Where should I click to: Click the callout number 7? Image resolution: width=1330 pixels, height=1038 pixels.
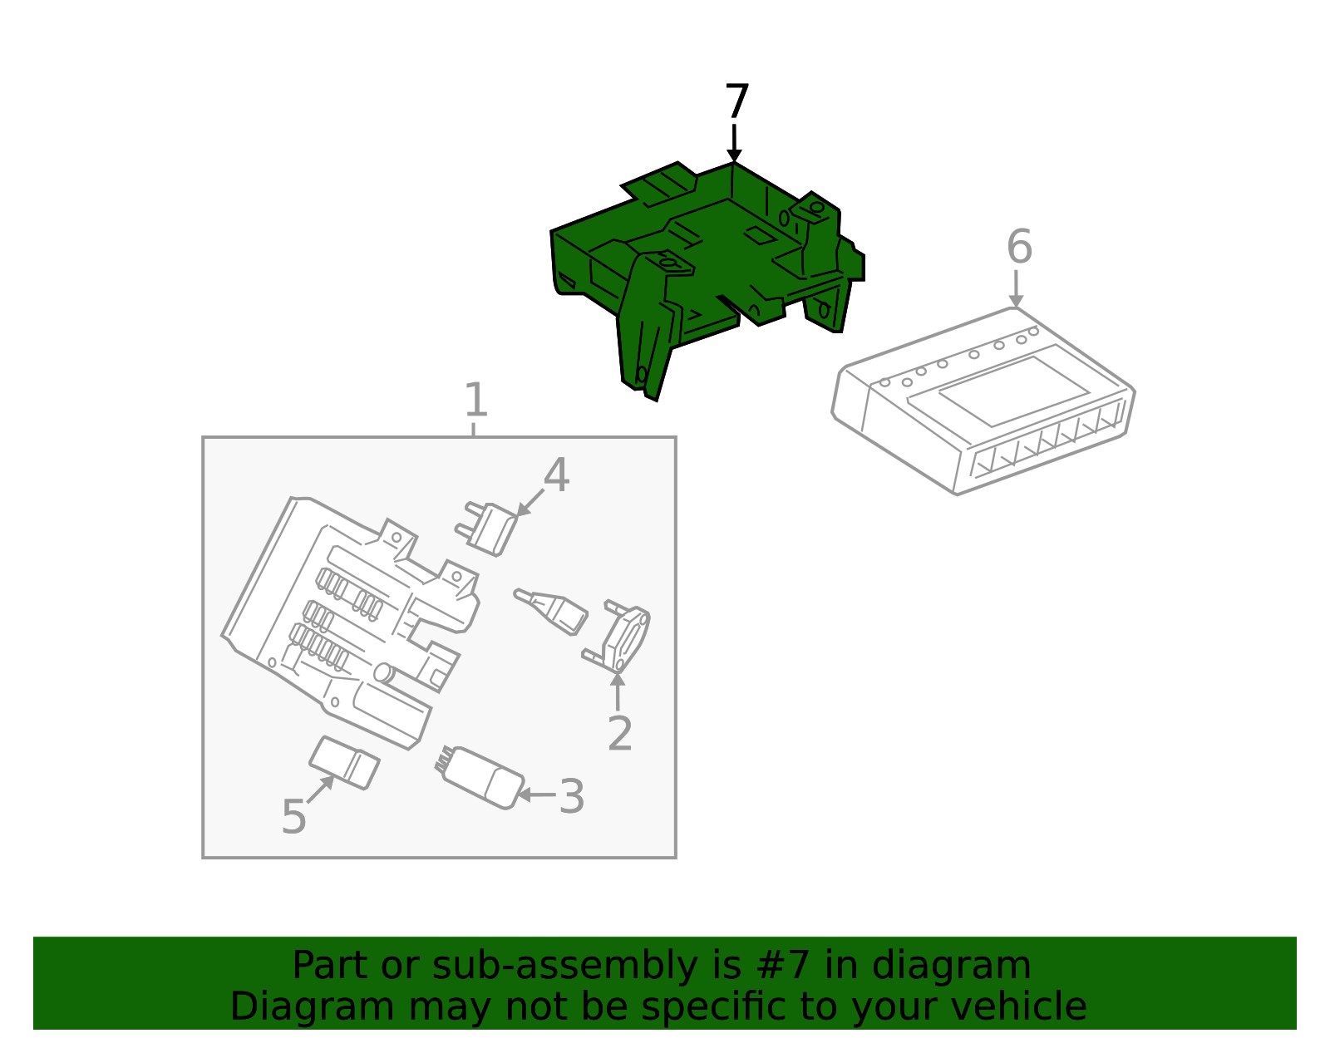736,101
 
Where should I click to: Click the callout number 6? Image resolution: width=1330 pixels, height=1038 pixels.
1019,247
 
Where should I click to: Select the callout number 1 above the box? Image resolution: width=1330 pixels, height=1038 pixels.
476,400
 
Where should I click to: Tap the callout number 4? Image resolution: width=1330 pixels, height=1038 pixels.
556,475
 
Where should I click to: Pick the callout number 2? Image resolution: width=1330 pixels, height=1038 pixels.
619,733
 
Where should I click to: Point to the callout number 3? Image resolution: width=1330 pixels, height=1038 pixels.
572,796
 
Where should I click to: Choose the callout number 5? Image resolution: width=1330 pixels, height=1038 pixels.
293,817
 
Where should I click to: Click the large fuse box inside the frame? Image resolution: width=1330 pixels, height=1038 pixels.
349,621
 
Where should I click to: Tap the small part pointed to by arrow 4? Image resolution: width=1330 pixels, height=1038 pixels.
486,529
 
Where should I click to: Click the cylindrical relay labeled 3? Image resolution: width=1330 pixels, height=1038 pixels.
480,778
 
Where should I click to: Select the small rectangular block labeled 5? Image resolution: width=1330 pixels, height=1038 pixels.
344,763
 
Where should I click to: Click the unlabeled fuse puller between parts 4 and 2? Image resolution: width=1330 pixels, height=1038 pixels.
550,612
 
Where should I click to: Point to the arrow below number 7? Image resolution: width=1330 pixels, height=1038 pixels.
734,143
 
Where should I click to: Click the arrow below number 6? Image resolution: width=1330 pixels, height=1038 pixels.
1016,288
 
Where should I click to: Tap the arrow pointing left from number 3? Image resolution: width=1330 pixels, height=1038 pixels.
536,795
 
